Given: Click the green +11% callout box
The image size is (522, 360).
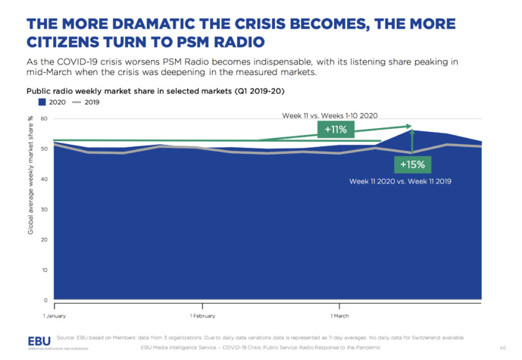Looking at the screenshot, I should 330,130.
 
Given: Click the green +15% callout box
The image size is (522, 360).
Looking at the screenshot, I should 411,163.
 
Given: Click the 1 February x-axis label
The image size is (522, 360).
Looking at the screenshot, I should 203,315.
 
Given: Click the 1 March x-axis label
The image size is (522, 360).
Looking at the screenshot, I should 341,315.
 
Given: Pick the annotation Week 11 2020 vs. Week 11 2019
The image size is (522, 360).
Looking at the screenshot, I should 400,182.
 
